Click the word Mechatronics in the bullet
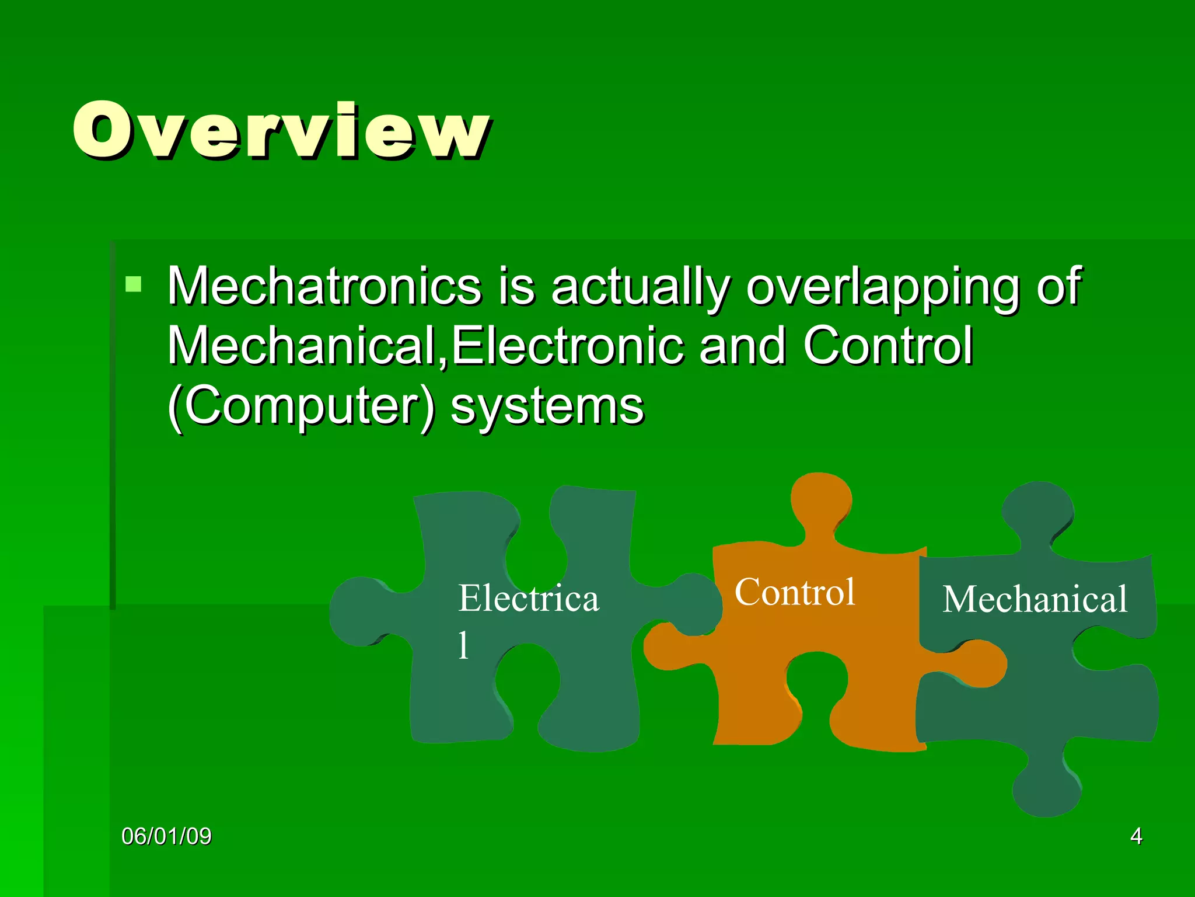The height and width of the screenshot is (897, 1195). [324, 286]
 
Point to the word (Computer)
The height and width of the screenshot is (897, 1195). [301, 406]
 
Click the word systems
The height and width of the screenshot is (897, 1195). [547, 406]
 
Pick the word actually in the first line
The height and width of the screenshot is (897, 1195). [640, 286]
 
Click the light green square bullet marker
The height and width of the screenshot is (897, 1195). [134, 284]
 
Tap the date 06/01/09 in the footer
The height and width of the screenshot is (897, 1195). [166, 836]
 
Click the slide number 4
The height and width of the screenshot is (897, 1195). [1135, 836]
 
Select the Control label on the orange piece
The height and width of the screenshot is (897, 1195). [795, 592]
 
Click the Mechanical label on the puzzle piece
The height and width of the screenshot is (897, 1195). [1035, 599]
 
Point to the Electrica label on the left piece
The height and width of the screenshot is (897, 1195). [529, 599]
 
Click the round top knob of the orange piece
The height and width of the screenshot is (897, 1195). [821, 500]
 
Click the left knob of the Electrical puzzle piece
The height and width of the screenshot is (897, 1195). [359, 611]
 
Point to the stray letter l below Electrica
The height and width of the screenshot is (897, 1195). [463, 645]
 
